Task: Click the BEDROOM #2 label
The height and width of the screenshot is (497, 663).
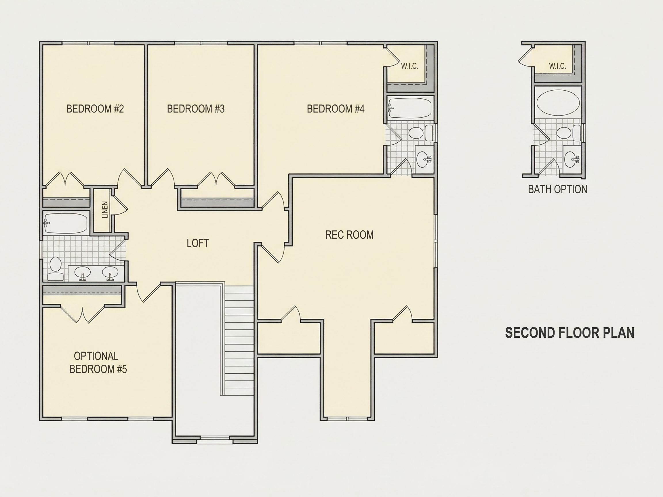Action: (95, 109)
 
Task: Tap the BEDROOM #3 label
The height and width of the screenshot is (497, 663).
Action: (196, 109)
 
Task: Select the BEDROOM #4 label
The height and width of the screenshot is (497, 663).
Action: (336, 109)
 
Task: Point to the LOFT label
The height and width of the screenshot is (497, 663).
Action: (198, 243)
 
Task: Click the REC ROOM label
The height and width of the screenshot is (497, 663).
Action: (349, 235)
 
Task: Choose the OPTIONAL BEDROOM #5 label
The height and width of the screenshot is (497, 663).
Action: (98, 362)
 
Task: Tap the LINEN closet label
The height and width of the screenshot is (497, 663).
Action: (105, 210)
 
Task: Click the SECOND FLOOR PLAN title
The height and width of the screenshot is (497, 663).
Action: (570, 333)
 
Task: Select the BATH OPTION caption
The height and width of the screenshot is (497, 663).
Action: (557, 189)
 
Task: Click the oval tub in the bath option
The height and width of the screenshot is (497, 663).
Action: (558, 103)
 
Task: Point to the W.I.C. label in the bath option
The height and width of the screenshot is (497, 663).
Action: (557, 66)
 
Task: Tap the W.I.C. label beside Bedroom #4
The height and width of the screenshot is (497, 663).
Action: (410, 66)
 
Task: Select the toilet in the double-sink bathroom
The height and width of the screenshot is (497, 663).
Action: (56, 268)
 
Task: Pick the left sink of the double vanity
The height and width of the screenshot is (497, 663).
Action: (82, 273)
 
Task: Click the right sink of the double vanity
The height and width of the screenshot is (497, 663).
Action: (110, 273)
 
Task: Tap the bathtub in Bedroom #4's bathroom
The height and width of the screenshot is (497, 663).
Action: (410, 108)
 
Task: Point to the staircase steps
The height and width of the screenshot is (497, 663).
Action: (239, 341)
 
